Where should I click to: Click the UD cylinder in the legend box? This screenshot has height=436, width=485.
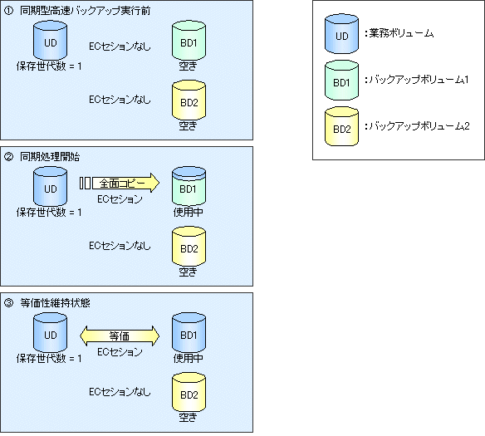pos(341,33)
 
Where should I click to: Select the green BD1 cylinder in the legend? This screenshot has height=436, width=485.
pos(341,80)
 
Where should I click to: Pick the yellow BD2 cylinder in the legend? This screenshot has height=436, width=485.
pos(341,126)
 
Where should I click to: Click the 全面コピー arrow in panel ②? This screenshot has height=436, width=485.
pos(120,183)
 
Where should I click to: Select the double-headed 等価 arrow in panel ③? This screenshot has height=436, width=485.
pos(120,336)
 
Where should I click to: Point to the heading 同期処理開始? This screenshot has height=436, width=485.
pos(50,157)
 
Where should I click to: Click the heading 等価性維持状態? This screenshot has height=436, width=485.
pos(55,303)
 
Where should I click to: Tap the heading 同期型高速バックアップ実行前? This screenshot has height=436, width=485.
pos(85,11)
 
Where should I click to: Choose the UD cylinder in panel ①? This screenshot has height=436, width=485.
pos(50,40)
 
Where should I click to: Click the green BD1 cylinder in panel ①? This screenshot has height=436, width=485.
pos(189,40)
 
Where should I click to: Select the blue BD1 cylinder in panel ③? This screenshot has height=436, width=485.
pos(189,333)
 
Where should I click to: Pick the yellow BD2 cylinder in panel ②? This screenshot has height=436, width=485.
pos(189,247)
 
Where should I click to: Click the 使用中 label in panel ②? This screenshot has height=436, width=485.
pos(189,212)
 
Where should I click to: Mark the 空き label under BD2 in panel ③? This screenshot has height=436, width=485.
pos(188,418)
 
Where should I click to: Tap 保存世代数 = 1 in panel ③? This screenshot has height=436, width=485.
pos(49,359)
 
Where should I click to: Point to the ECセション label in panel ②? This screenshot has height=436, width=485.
pos(120,198)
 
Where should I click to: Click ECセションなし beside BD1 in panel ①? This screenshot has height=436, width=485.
pos(120,47)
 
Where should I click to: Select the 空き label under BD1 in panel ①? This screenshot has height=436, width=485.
pos(188,66)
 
